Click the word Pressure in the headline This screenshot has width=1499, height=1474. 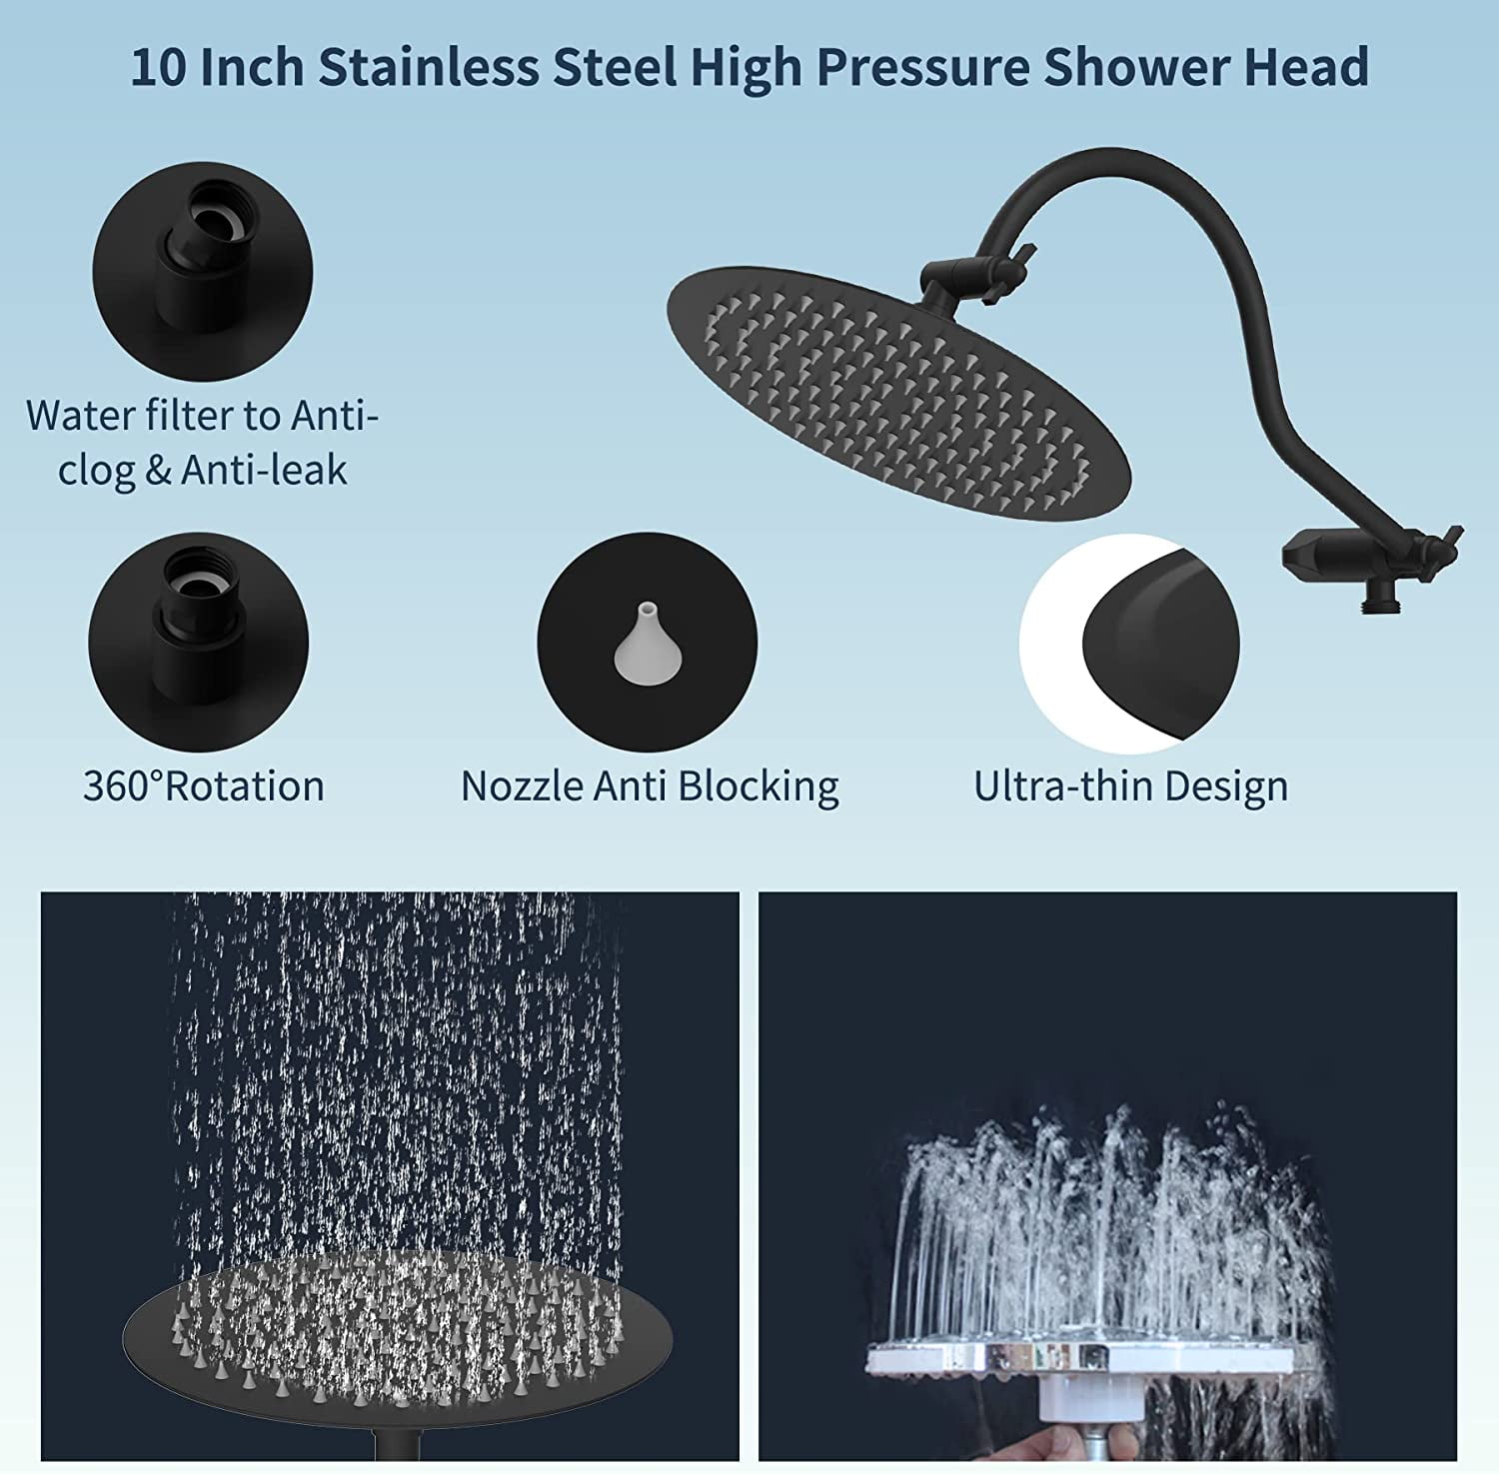(x=922, y=69)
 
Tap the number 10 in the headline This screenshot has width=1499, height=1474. (x=159, y=68)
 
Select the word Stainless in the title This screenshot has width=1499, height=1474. (x=429, y=67)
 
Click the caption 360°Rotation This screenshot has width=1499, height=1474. (x=204, y=785)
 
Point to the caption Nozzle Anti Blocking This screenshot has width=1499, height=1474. (x=650, y=785)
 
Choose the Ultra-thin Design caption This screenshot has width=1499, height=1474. (x=1131, y=785)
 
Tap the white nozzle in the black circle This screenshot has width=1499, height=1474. (x=643, y=645)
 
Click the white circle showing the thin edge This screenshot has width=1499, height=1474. (x=1129, y=645)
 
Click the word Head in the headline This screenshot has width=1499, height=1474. (x=1305, y=67)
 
